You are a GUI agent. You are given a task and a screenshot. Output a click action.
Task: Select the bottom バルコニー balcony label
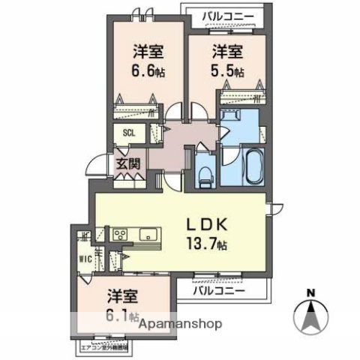[219, 289]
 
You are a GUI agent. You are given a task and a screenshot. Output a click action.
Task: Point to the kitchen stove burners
[121, 234]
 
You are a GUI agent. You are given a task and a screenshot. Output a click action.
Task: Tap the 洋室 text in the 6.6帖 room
[148, 52]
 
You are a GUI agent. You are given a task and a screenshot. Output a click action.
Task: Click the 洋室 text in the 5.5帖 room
[226, 52]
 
